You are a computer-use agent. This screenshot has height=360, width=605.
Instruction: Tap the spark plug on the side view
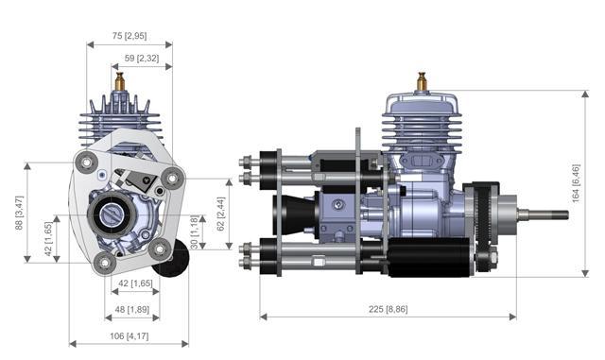(422, 83)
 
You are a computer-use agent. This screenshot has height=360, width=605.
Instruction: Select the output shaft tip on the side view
(563, 214)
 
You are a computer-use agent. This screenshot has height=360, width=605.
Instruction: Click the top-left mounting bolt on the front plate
(87, 163)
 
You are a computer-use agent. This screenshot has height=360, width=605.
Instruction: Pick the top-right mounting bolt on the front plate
(170, 177)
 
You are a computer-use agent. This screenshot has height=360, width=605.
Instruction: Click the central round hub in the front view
(112, 216)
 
